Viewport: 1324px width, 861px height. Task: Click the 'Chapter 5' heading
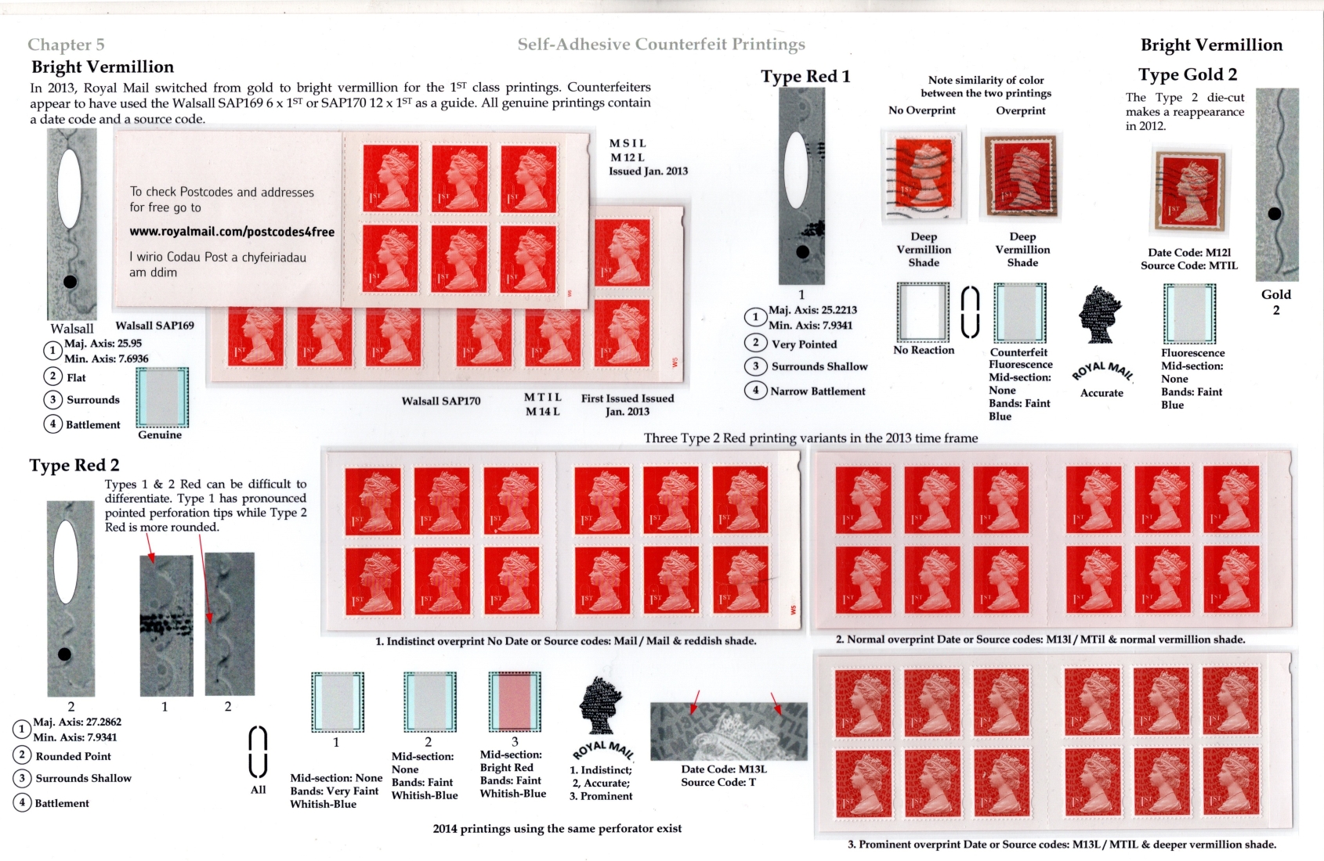(66, 45)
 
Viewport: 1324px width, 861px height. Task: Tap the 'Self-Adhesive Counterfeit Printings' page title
(661, 45)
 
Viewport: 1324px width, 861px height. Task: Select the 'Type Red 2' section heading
(74, 466)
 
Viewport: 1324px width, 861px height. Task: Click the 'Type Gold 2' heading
(1188, 74)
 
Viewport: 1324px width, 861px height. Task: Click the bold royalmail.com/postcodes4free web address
(232, 232)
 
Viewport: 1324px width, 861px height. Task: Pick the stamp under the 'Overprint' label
(1020, 175)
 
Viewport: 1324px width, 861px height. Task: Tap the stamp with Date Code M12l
(1190, 191)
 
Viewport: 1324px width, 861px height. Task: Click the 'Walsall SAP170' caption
(441, 401)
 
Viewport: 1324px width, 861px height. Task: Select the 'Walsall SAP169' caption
(154, 326)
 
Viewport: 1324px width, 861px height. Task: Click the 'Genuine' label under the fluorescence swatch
(160, 434)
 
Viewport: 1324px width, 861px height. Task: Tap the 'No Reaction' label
(923, 350)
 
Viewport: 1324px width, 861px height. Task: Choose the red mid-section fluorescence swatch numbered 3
(514, 702)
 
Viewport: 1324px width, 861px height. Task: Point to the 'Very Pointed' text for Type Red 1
(804, 344)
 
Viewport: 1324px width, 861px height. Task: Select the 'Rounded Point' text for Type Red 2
(74, 756)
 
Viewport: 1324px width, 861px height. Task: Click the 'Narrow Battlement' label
(817, 391)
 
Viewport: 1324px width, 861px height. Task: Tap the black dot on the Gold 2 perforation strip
(1275, 213)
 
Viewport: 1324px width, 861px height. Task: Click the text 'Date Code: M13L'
(723, 769)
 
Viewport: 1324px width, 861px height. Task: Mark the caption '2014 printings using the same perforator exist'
(557, 829)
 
